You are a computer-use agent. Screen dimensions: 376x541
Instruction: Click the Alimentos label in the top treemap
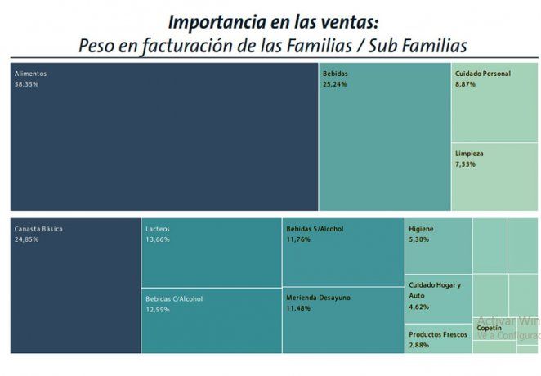[29, 74]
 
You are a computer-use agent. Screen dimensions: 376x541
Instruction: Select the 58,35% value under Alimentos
[27, 84]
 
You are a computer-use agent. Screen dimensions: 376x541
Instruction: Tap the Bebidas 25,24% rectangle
[384, 139]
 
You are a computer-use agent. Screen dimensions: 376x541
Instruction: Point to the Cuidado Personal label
[483, 74]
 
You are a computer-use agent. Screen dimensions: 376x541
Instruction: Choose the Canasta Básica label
[38, 229]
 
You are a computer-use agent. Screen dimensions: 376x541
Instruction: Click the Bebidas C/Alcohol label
[174, 299]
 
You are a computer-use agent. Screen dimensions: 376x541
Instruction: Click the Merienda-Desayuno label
[319, 298]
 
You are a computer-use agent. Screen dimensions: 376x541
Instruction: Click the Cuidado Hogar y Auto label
[435, 289]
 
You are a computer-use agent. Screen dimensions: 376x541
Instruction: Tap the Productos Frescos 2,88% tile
[437, 340]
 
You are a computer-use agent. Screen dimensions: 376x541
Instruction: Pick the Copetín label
[489, 328]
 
